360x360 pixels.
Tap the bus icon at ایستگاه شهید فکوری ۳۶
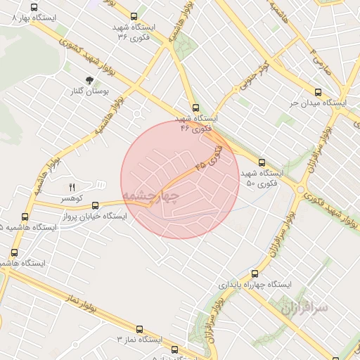coord(135,16)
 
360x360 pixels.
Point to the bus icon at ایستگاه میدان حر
coord(318,91)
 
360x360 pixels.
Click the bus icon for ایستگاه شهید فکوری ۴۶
coord(195,108)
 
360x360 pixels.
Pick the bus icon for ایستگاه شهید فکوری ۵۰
coord(262,162)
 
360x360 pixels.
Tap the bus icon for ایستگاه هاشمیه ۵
coord(25,217)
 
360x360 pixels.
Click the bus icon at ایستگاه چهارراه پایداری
coord(255,274)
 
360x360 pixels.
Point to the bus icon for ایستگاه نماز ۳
coord(139,328)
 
